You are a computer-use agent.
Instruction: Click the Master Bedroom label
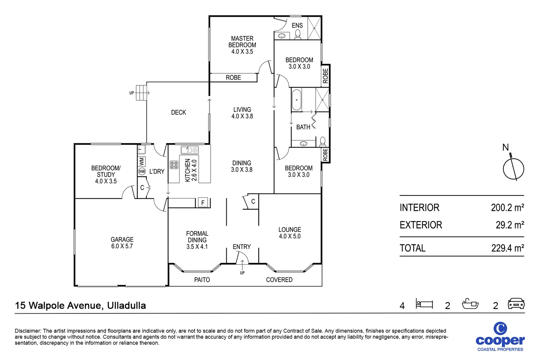[x=242, y=45]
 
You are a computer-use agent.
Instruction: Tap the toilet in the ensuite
[x=298, y=34]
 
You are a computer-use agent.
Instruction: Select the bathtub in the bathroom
[x=296, y=100]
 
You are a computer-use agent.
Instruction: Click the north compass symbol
[x=513, y=168]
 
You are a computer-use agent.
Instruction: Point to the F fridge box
[x=203, y=202]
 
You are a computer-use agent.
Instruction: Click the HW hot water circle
[x=142, y=171]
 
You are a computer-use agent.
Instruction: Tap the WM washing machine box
[x=142, y=161]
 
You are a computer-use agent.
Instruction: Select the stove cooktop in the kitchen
[x=174, y=165]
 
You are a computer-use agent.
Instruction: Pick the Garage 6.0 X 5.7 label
[x=122, y=243]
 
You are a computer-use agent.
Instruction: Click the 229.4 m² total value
[x=507, y=248]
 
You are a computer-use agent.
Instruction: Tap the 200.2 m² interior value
[x=507, y=208]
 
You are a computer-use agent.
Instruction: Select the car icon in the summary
[x=516, y=304]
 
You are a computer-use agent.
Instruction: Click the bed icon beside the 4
[x=424, y=304]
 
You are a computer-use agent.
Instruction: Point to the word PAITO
[x=202, y=280]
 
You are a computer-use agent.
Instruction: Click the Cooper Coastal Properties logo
[x=500, y=337]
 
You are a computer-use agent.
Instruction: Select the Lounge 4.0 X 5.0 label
[x=290, y=233]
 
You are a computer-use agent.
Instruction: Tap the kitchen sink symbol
[x=189, y=150]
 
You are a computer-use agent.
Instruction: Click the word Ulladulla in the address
[x=126, y=305]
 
